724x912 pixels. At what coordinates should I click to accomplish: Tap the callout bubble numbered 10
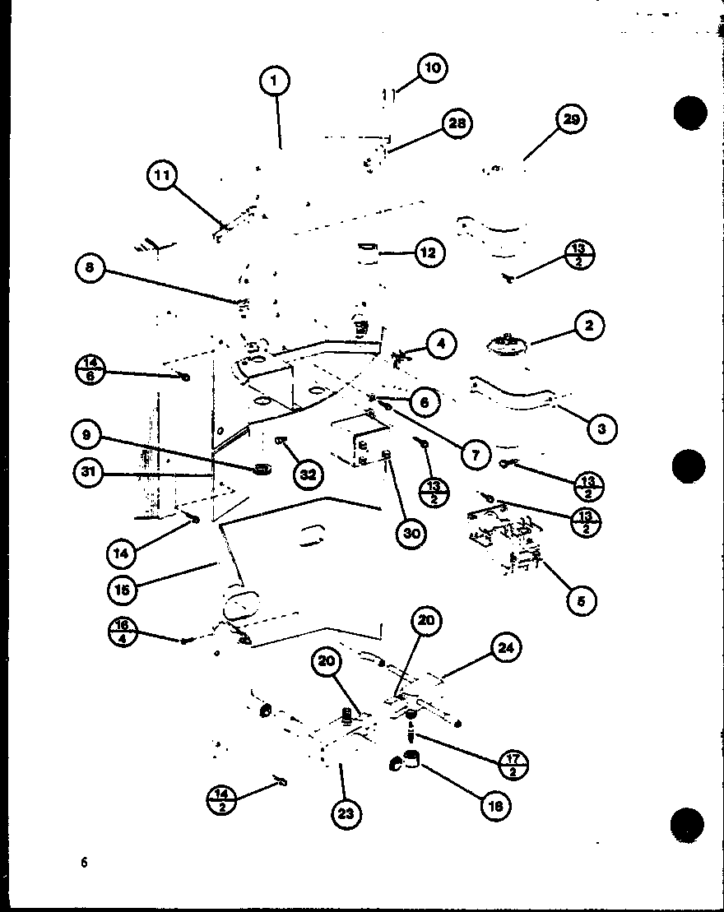[x=432, y=67]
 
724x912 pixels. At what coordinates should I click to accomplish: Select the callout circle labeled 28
[x=457, y=123]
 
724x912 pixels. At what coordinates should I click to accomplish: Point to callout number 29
[x=571, y=120]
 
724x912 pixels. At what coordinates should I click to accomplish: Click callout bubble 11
[x=163, y=175]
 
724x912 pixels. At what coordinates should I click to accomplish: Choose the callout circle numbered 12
[x=428, y=252]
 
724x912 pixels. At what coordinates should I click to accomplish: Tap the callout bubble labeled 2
[x=589, y=326]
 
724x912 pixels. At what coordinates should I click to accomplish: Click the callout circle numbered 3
[x=602, y=428]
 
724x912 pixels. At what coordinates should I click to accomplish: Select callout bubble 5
[x=582, y=600]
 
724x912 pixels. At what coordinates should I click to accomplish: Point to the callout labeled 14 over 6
[x=90, y=368]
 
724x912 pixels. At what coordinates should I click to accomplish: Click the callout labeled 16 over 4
[x=123, y=632]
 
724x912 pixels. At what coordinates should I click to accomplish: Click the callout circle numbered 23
[x=346, y=813]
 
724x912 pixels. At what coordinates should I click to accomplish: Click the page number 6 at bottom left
[x=83, y=862]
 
